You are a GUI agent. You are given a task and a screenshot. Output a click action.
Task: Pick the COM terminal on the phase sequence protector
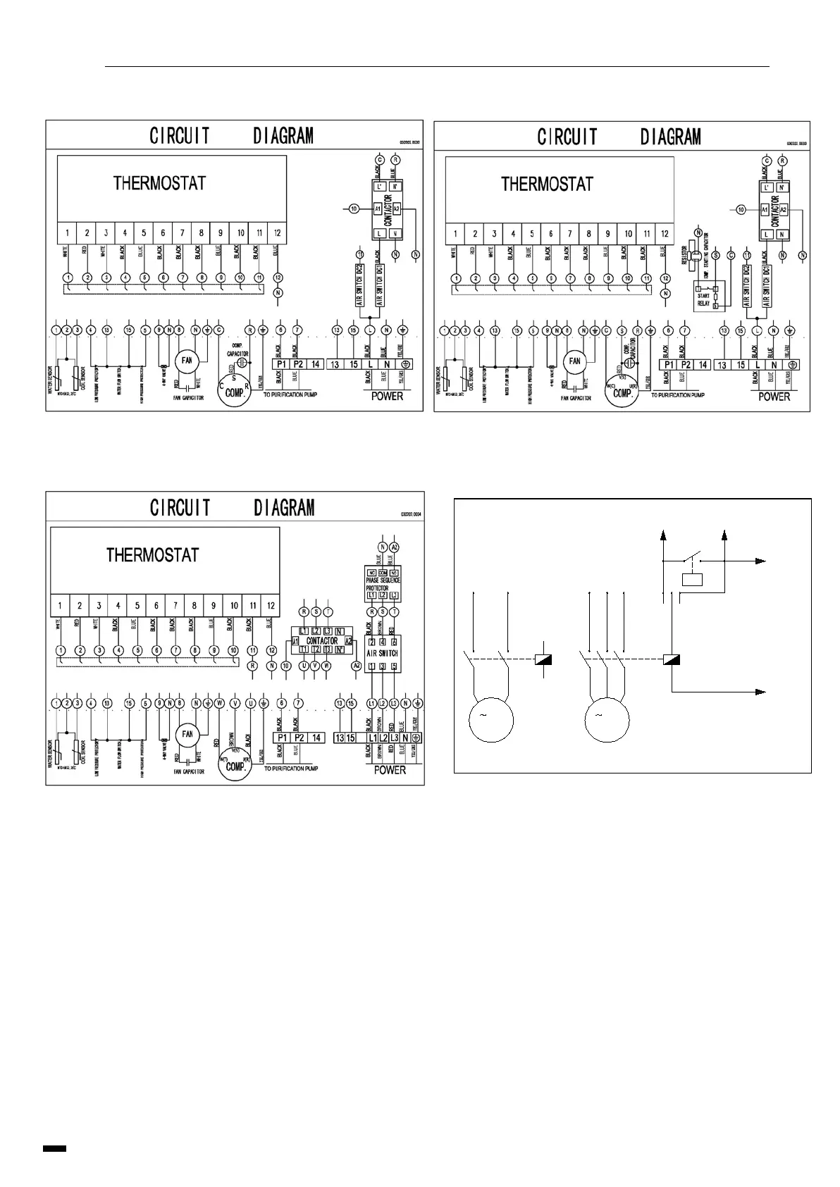point(383,571)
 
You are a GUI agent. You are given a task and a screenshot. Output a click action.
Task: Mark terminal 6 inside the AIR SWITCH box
point(394,642)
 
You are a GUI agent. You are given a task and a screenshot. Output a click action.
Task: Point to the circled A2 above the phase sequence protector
point(395,547)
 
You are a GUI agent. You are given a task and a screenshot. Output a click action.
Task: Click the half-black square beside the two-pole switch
point(543,659)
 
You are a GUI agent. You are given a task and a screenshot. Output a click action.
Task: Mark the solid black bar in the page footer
point(55,1148)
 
